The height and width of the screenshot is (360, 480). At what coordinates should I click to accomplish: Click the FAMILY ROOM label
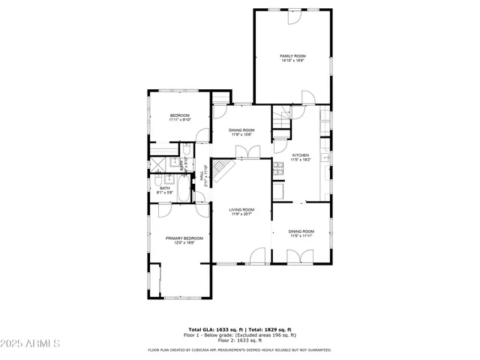tap(293, 56)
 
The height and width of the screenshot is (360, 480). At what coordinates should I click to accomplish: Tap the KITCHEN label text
tap(300, 155)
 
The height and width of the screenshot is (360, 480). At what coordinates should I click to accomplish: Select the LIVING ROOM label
tap(241, 209)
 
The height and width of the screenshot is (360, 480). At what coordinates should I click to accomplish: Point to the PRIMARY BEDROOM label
tap(184, 238)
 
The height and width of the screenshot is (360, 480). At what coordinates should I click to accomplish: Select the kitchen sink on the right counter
tap(325, 157)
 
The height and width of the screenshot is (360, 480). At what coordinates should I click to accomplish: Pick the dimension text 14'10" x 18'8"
tap(293, 61)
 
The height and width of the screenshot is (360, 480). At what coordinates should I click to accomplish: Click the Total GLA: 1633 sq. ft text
tap(213, 329)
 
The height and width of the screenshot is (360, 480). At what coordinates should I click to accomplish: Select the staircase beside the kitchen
tap(281, 118)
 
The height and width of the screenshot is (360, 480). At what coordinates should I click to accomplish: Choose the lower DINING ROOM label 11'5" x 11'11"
tap(301, 233)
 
